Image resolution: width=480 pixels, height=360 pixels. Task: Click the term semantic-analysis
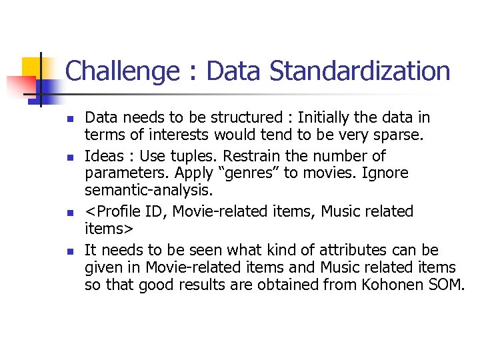click(147, 190)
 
